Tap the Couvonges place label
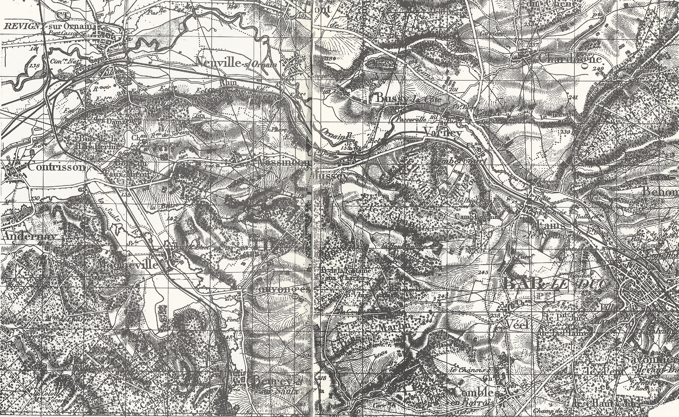[279, 290]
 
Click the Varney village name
[442, 133]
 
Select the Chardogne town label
[570, 59]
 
